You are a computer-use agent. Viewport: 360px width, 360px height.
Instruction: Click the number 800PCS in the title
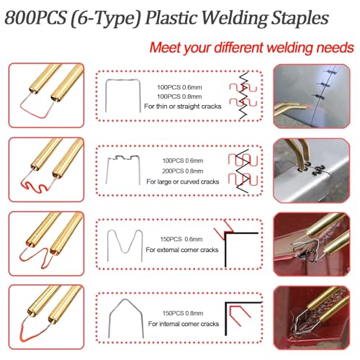(x=35, y=18)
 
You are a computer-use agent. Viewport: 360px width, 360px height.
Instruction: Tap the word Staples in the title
(x=300, y=19)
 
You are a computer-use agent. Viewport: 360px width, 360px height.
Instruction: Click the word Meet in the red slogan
(x=166, y=48)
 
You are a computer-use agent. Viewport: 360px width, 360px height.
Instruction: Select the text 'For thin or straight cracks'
(x=183, y=107)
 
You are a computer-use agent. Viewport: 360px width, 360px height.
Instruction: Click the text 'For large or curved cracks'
(x=183, y=181)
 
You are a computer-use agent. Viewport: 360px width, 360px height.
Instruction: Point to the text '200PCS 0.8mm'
(x=183, y=171)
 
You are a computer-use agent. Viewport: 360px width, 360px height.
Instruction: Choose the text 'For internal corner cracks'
(x=184, y=324)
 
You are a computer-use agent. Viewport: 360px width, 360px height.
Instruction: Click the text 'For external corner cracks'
(x=182, y=250)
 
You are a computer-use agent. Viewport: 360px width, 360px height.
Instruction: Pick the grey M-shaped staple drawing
(x=125, y=252)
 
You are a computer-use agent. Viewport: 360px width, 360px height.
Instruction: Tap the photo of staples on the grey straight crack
(x=312, y=96)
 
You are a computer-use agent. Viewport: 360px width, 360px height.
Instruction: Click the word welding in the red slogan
(x=289, y=48)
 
